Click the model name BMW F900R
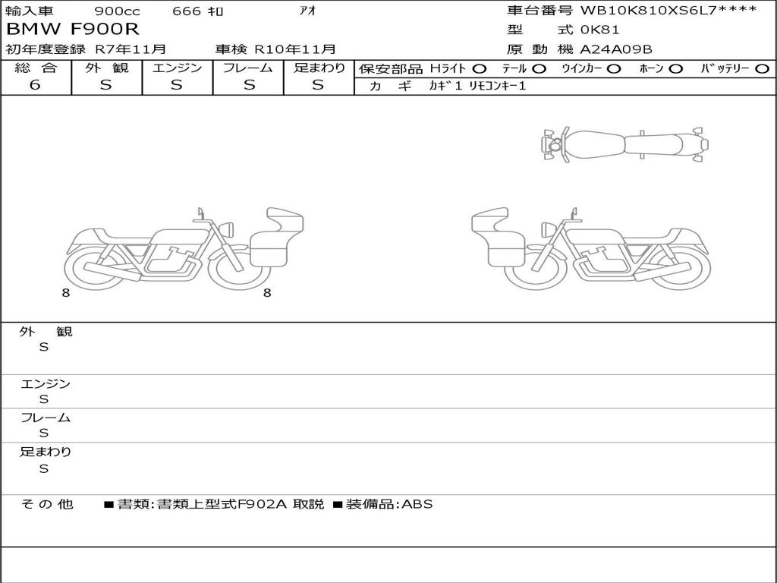point(73,30)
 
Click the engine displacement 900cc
point(117,11)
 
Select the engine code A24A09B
point(616,49)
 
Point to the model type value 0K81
point(599,30)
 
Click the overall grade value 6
point(35,85)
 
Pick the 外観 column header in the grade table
point(106,68)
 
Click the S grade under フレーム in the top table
point(249,85)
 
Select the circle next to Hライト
point(480,69)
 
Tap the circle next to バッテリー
point(762,69)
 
